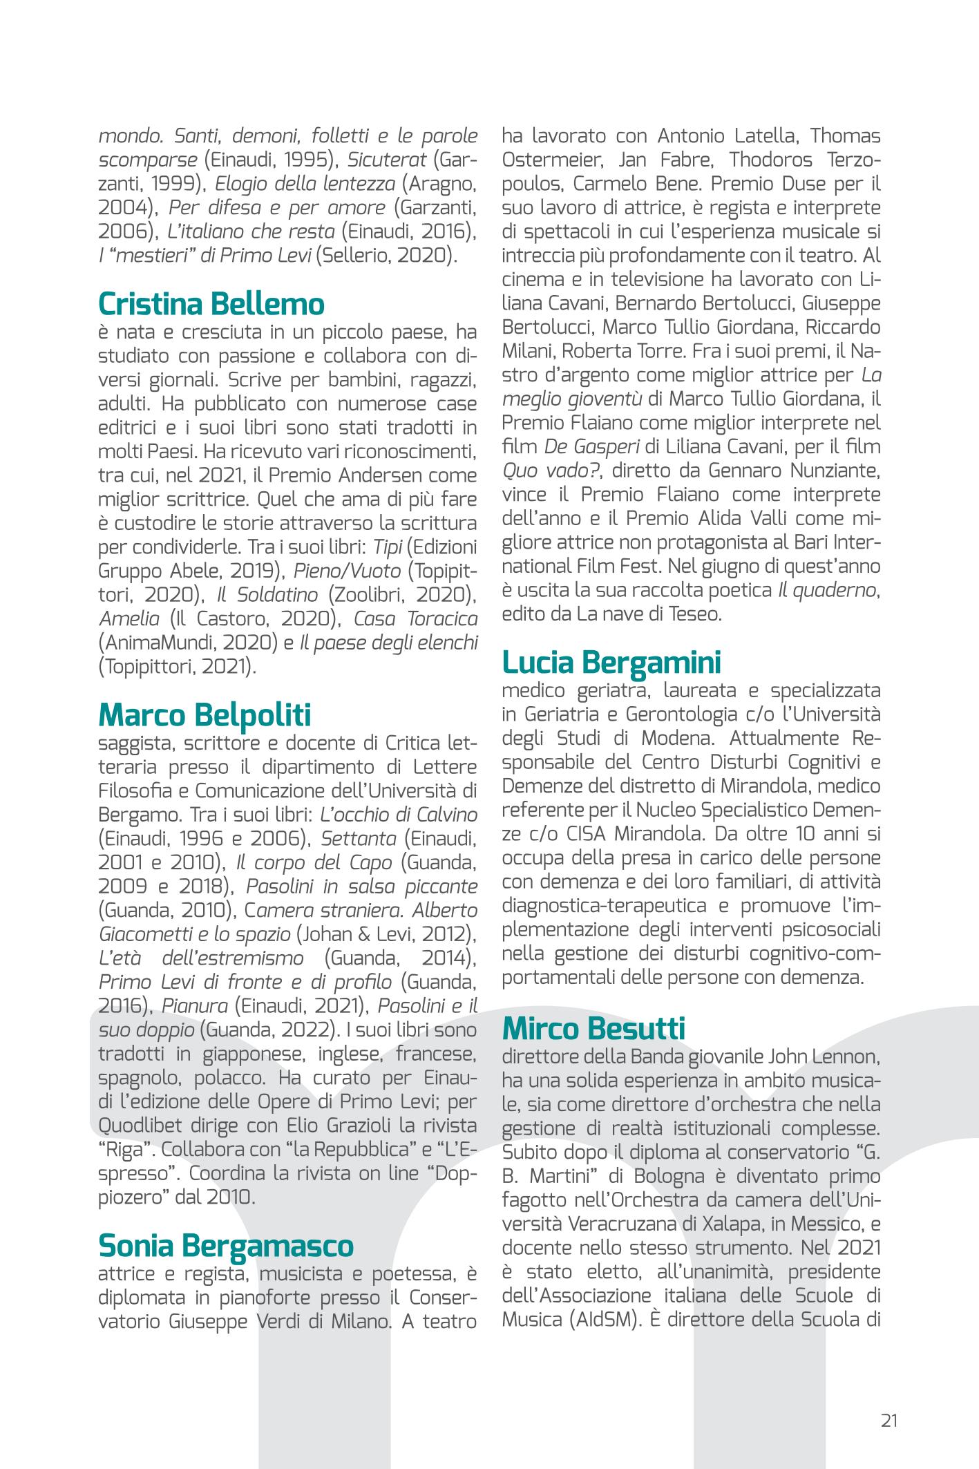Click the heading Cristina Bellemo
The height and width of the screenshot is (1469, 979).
(x=211, y=303)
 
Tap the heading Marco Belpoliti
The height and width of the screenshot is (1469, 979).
(x=205, y=714)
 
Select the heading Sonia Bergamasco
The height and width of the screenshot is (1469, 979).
(x=226, y=1244)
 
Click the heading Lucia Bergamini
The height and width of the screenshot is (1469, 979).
(x=611, y=661)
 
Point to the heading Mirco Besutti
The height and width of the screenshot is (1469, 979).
(x=593, y=1028)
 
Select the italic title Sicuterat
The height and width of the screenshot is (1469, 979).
(x=387, y=160)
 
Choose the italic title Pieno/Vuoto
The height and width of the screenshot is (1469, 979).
(x=347, y=570)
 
